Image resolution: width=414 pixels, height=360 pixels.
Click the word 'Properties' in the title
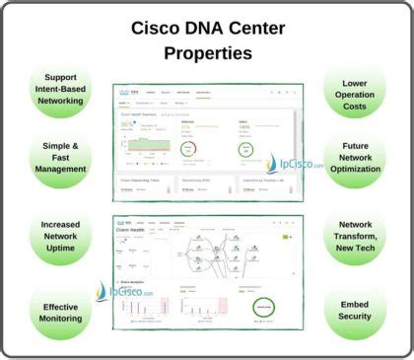(207, 51)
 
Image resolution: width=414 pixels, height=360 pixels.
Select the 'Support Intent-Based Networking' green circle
(60, 88)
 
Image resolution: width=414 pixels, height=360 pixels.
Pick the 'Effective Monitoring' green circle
(60, 311)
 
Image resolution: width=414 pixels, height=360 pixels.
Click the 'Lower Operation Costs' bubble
(355, 88)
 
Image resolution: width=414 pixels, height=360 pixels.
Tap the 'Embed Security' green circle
(355, 311)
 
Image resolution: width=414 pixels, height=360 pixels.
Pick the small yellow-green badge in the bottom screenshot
(287, 237)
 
